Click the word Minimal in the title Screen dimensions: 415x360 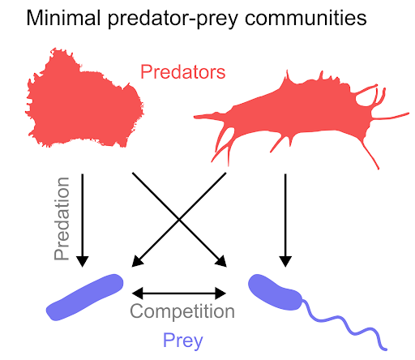pyautogui.click(x=63, y=18)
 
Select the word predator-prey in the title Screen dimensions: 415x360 pyautogui.click(x=173, y=19)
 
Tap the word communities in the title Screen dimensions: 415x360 pyautogui.click(x=306, y=18)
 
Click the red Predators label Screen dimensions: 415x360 pyautogui.click(x=183, y=72)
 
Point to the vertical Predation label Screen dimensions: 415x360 pyautogui.click(x=62, y=219)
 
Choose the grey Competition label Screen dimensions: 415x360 pyautogui.click(x=182, y=311)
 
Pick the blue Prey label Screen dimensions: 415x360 pyautogui.click(x=182, y=341)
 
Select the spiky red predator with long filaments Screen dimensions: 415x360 pyautogui.click(x=300, y=116)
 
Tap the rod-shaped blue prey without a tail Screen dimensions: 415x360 pyautogui.click(x=85, y=298)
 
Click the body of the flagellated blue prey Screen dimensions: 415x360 pyautogui.click(x=275, y=292)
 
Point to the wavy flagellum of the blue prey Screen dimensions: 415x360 pyautogui.click(x=344, y=324)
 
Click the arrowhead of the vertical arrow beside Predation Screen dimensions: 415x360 pyautogui.click(x=83, y=261)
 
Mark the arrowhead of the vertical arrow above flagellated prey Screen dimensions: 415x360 pyautogui.click(x=285, y=261)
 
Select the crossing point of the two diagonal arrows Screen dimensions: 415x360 pyautogui.click(x=179, y=220)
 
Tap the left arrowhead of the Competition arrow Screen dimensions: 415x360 pyautogui.click(x=137, y=294)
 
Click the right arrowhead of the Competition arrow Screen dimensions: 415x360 pyautogui.click(x=220, y=294)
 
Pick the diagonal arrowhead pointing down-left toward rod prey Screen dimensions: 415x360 pyautogui.click(x=137, y=262)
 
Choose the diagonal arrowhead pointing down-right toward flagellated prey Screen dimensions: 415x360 pyautogui.click(x=221, y=262)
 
